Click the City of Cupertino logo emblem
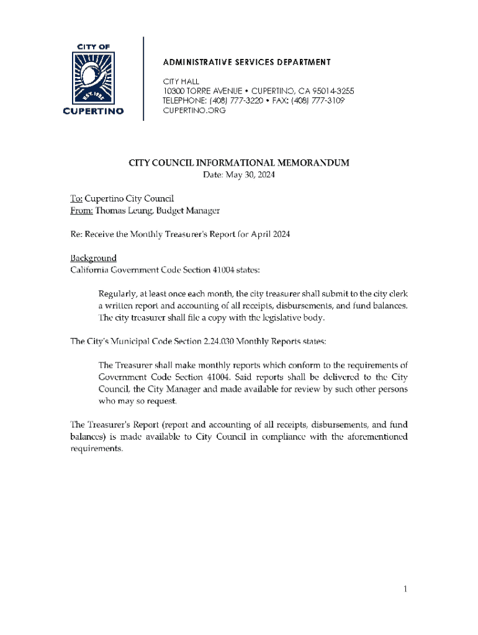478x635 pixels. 94,78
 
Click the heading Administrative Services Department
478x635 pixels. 246,62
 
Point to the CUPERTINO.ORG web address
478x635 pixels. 194,110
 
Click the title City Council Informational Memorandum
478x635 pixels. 239,163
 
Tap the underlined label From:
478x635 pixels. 81,211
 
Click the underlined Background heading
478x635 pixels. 92,258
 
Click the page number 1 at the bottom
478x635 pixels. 404,589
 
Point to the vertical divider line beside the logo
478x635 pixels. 143,78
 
